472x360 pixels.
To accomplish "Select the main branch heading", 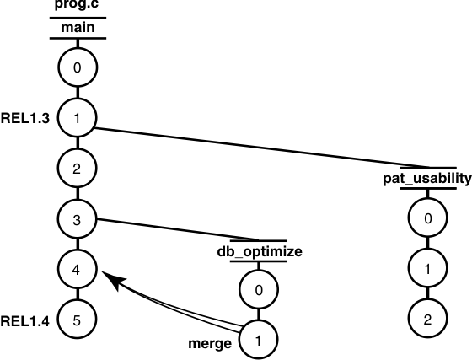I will click(77, 29).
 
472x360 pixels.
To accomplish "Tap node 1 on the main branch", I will click(77, 118).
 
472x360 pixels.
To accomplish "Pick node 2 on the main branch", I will click(77, 169).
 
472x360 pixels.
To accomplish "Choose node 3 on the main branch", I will click(77, 220).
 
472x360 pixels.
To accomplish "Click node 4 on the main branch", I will click(77, 271).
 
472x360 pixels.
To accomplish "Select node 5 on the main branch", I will click(77, 320).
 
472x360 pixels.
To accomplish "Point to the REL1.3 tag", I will click(25, 119).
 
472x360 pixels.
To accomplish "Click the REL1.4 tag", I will click(25, 321).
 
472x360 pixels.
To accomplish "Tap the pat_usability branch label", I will click(428, 179).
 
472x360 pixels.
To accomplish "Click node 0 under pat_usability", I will click(428, 218).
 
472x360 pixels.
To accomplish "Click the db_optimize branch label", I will click(260, 251).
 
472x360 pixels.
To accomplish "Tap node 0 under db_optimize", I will click(260, 291).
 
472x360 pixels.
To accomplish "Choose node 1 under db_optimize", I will click(260, 341).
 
